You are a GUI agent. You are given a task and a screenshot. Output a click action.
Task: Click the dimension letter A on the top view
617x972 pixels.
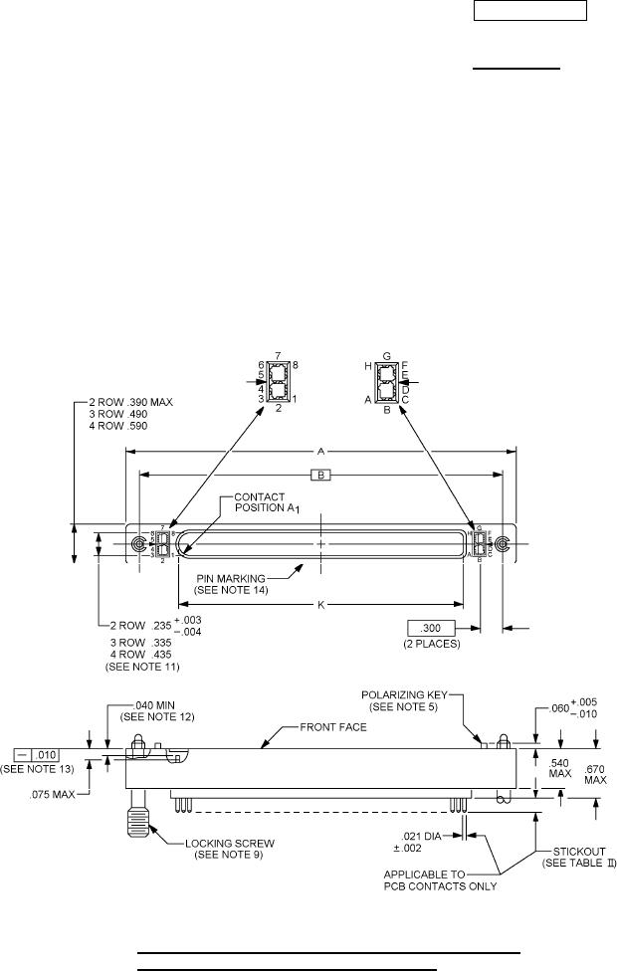[320, 451]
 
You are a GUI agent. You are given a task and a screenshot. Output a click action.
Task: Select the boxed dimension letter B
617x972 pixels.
[321, 475]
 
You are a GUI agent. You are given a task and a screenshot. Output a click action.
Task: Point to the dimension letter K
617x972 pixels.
[320, 603]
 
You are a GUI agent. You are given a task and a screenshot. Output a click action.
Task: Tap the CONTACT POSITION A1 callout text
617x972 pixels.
[260, 501]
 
